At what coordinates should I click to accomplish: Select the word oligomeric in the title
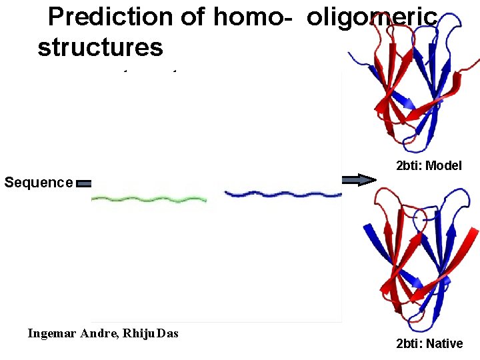[x=372, y=17]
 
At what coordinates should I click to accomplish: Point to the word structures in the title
[x=100, y=47]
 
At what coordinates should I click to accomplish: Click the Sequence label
[x=38, y=182]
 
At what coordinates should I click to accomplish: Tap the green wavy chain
[x=147, y=198]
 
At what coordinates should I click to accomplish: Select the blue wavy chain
[x=283, y=194]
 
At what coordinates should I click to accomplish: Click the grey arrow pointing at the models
[x=359, y=179]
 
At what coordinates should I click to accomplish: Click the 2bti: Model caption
[x=429, y=165]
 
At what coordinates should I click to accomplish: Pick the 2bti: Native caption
[x=429, y=343]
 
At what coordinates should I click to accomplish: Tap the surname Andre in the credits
[x=99, y=333]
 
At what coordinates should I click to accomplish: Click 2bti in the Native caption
[x=407, y=343]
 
